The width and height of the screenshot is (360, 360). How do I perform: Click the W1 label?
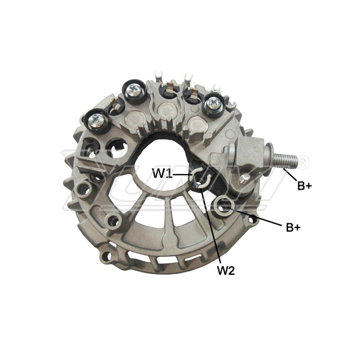163,173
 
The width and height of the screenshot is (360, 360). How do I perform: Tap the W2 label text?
226,271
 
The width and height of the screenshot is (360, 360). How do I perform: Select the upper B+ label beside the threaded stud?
305,186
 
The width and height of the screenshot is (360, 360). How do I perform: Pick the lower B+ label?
293,227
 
